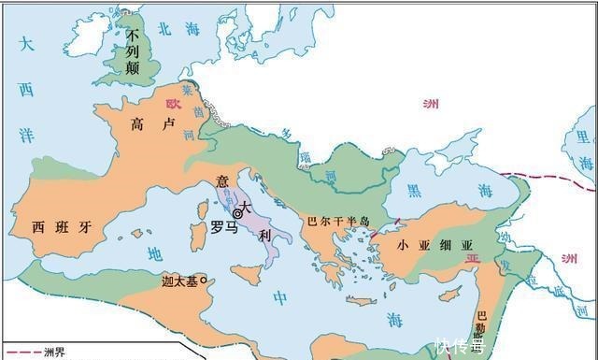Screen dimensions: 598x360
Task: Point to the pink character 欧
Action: (x=172, y=106)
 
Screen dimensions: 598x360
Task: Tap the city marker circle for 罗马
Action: (x=237, y=214)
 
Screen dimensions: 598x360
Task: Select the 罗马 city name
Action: (x=223, y=227)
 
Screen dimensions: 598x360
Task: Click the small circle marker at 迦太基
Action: (x=202, y=281)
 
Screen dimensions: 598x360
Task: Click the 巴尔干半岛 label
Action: (x=338, y=223)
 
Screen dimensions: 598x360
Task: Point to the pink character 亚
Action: (x=473, y=254)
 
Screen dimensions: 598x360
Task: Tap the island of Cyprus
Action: (x=449, y=295)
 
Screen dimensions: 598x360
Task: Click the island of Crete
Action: (x=356, y=301)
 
